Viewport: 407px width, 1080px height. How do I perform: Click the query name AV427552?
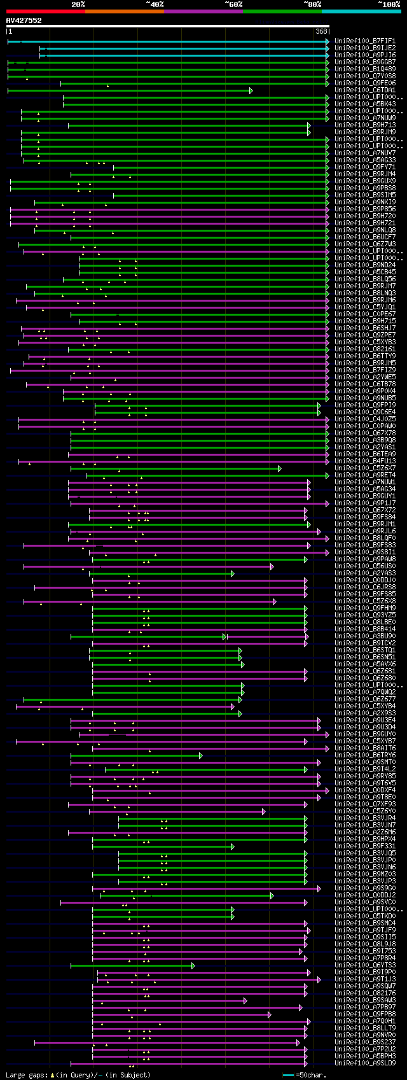24,20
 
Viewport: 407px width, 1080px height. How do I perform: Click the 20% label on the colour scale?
78,4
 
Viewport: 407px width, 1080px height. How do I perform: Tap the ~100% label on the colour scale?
389,4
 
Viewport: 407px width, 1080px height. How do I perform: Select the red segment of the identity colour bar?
45,11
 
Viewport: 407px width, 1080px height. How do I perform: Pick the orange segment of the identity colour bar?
124,11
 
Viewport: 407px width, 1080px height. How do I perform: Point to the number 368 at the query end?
321,31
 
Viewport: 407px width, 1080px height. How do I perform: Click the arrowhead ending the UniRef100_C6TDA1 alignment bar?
251,90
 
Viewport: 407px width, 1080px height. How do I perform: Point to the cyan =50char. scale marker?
288,1075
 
